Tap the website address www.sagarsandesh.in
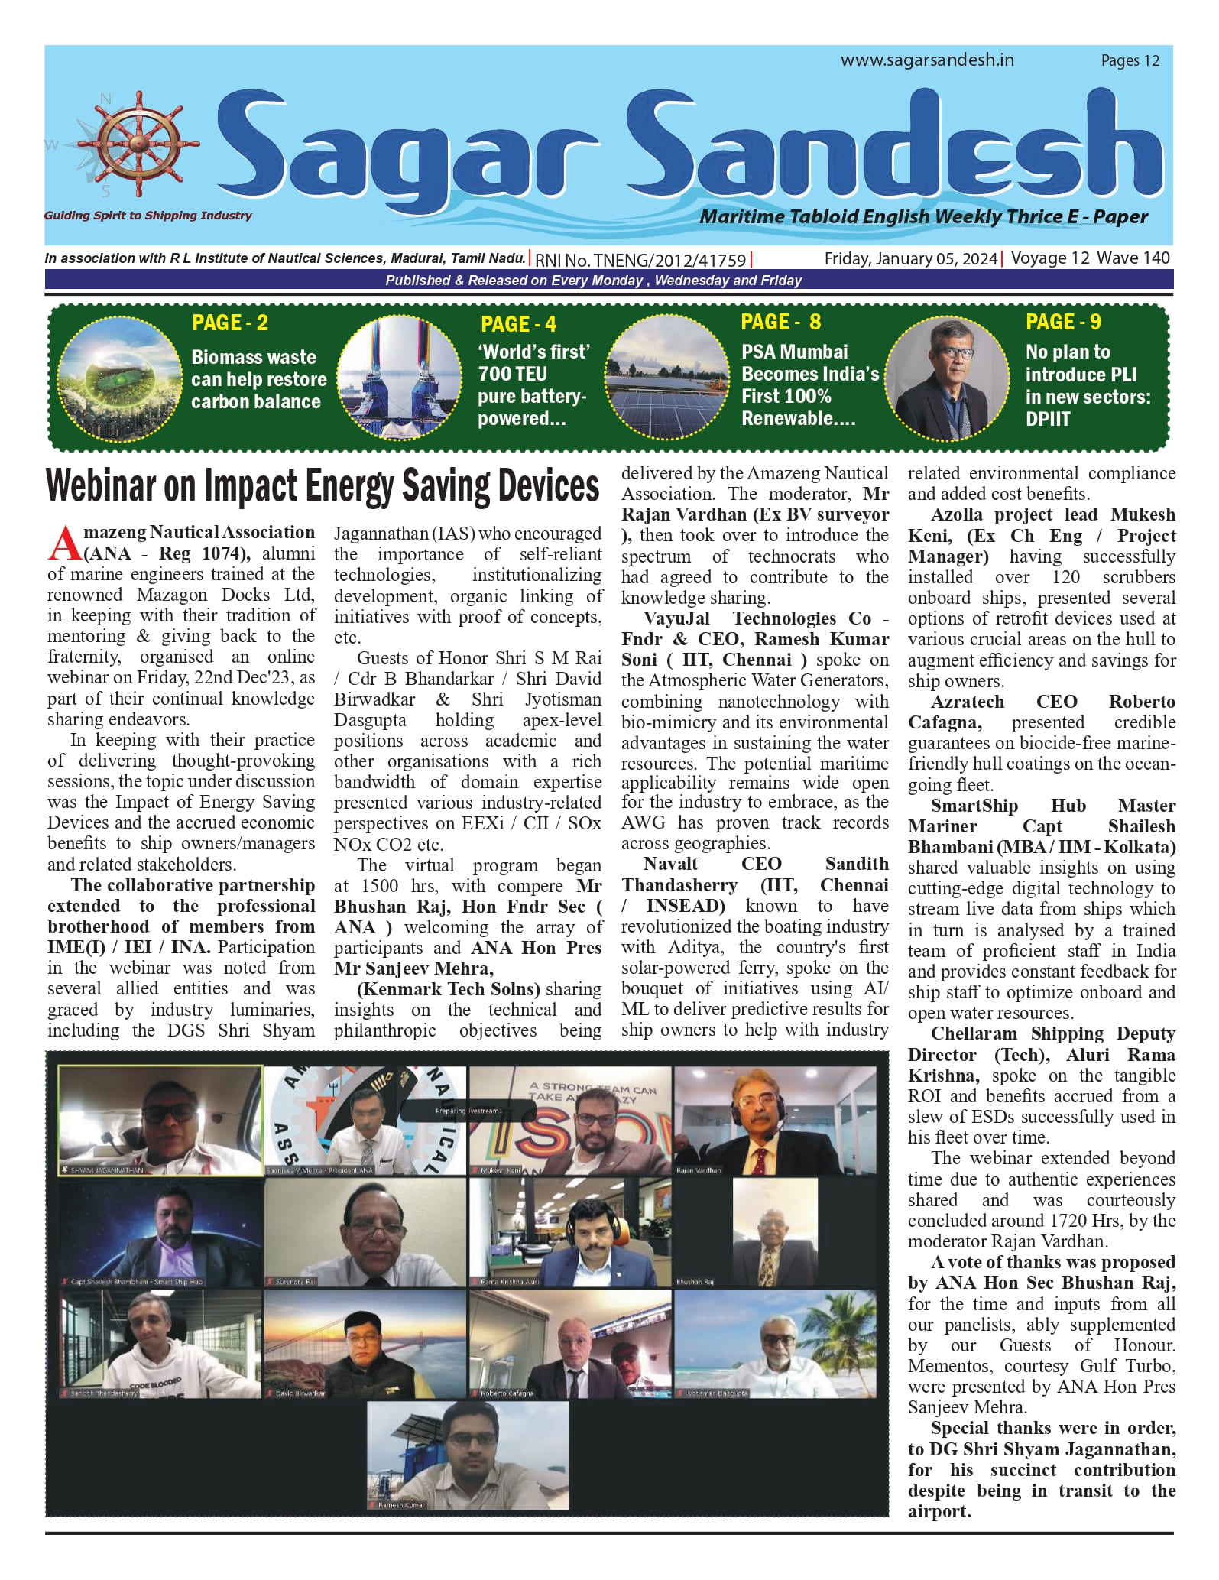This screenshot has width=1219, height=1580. (x=927, y=60)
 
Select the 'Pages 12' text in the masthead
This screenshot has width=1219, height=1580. (x=1130, y=61)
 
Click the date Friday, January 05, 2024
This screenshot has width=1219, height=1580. (x=910, y=258)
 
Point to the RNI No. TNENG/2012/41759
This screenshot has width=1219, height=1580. (x=640, y=260)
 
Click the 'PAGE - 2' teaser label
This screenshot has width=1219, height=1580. (x=230, y=323)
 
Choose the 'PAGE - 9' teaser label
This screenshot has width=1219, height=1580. (x=1063, y=322)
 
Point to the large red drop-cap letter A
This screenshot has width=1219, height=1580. (x=64, y=543)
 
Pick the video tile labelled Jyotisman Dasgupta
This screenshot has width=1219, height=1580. (x=775, y=1344)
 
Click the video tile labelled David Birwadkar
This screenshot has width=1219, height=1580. (x=365, y=1344)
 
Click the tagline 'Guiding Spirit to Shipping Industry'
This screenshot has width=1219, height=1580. (x=148, y=216)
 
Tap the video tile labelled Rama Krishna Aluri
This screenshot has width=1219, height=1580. (x=570, y=1232)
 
